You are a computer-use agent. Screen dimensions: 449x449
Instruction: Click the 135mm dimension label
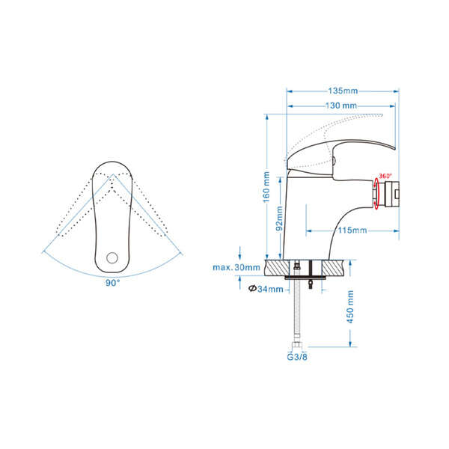pos(343,91)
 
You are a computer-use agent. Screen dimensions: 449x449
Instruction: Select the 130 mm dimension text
pos(341,106)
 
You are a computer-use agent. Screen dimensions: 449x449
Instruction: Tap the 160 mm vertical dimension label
pos(266,187)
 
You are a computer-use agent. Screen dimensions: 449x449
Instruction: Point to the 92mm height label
pos(279,219)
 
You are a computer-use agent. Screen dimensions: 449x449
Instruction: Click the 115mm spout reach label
pos(352,230)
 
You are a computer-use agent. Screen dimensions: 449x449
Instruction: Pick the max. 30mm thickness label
pos(236,267)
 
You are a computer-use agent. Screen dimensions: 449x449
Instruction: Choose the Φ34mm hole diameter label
pos(266,289)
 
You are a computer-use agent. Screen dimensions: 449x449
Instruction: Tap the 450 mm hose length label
pos(350,307)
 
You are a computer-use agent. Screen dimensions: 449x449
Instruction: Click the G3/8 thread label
pos(297,357)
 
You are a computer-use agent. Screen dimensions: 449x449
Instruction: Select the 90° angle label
pos(112,283)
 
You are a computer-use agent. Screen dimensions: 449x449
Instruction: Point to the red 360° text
pos(385,176)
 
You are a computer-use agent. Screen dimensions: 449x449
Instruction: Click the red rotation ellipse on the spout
pos(376,193)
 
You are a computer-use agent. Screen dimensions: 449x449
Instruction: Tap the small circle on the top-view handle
pos(112,257)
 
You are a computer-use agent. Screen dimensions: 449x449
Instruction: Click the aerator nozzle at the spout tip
pos(391,194)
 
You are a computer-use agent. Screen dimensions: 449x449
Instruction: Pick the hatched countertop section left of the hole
pos(278,268)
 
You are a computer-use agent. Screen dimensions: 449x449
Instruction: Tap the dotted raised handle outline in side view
pos(335,141)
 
